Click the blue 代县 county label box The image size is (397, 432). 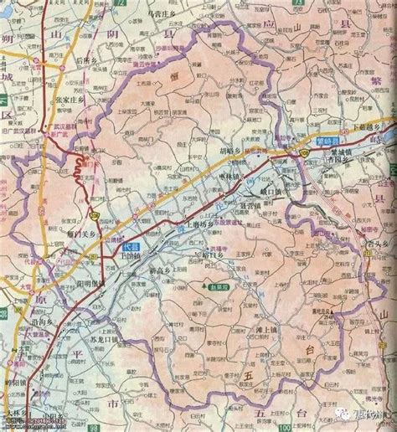pos(131,248)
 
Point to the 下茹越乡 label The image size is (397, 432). pos(365,126)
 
